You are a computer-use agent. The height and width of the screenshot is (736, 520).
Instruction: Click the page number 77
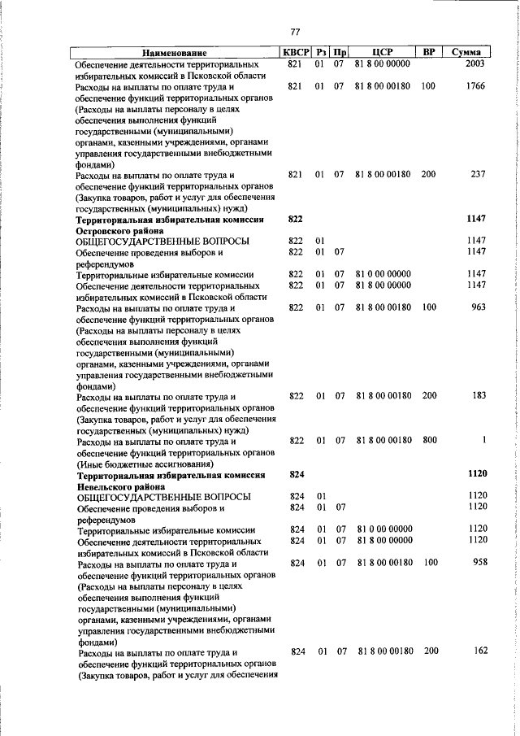(x=295, y=32)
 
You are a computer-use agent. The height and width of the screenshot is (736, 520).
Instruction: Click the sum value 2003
(x=474, y=64)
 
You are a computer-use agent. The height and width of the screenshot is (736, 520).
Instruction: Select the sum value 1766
(x=474, y=86)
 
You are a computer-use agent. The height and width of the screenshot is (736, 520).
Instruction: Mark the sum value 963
(x=477, y=307)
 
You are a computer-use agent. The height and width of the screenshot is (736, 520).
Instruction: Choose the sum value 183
(x=478, y=396)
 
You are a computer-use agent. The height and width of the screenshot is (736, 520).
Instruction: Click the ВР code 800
(x=429, y=440)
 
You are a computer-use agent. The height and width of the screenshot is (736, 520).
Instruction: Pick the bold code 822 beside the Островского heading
(x=295, y=220)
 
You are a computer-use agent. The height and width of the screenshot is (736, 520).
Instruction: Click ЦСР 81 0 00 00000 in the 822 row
(x=383, y=274)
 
